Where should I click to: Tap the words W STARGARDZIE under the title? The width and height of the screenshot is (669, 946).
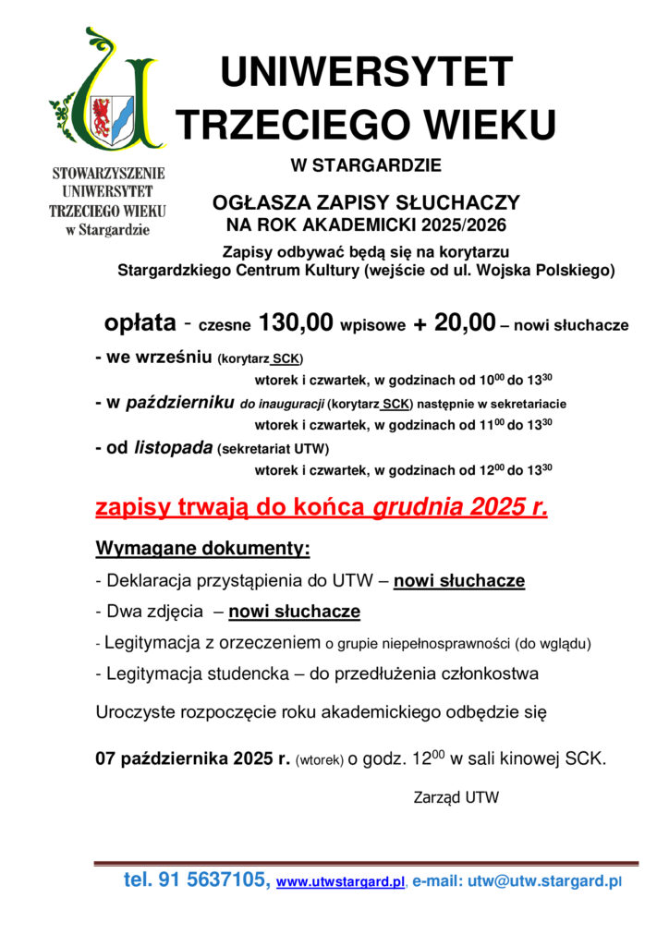(366, 166)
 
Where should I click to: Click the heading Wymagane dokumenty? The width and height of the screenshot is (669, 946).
(202, 549)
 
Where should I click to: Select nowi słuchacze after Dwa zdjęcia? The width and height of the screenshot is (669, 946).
(294, 612)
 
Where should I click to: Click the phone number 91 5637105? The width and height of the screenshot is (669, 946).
(213, 880)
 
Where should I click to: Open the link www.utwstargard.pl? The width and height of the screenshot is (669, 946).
(341, 882)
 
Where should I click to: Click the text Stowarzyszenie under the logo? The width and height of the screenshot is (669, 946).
(108, 173)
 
